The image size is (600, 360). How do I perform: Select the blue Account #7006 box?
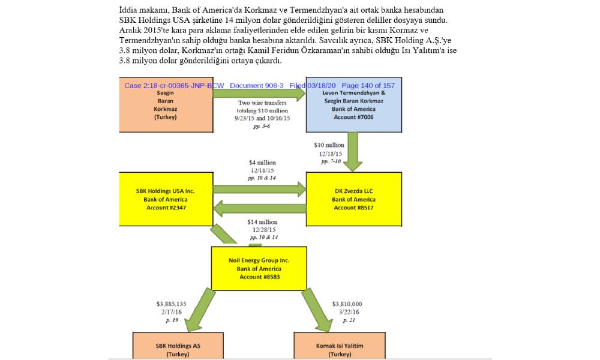[x=353, y=105]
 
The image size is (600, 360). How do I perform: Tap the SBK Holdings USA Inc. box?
[x=166, y=199]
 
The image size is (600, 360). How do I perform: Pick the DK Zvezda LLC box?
[x=353, y=199]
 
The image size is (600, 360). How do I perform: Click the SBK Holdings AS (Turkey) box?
[x=178, y=346]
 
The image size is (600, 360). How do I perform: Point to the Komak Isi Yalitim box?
[x=339, y=346]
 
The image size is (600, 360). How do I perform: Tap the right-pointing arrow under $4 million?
[x=259, y=189]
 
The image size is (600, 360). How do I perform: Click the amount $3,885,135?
[x=172, y=304]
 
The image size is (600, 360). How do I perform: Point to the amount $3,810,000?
[x=347, y=304]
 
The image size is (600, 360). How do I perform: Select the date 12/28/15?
[x=263, y=230]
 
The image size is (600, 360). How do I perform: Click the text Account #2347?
[x=166, y=208]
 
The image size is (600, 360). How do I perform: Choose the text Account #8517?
[x=354, y=208]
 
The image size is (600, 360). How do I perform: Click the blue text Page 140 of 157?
[x=368, y=85]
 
